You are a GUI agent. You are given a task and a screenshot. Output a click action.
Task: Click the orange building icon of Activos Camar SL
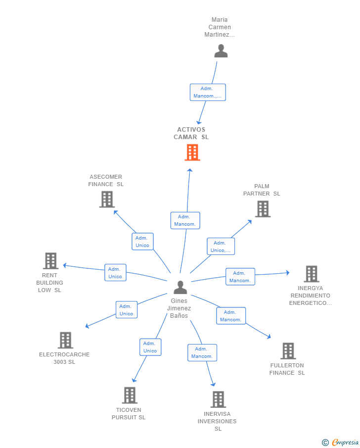(192, 152)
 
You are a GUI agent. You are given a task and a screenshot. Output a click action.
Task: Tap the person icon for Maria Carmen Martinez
(221, 51)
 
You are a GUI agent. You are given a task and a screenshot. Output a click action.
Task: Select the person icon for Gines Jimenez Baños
(180, 288)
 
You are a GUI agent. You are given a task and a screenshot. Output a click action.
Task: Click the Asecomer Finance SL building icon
(107, 199)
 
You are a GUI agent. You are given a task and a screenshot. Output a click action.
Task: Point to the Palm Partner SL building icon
(263, 209)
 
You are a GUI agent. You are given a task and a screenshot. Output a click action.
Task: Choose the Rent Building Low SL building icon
(50, 261)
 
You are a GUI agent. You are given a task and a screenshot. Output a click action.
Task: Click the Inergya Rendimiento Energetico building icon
(311, 274)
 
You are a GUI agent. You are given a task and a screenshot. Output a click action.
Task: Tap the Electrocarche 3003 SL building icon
(65, 340)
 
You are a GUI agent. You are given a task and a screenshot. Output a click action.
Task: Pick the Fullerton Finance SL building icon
(288, 351)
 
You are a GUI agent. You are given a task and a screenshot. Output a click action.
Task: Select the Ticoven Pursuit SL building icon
(130, 396)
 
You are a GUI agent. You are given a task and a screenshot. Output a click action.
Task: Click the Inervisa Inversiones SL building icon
(218, 399)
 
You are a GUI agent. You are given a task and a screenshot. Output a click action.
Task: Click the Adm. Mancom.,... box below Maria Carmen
(208, 93)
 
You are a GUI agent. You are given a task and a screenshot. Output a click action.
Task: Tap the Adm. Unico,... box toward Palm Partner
(221, 247)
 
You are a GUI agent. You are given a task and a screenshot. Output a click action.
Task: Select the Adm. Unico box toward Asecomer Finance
(142, 242)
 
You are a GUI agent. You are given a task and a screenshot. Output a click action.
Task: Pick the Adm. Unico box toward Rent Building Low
(115, 273)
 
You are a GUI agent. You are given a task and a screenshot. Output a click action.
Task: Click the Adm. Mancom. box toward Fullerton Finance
(231, 316)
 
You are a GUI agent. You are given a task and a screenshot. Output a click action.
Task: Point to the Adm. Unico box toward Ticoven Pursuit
(150, 347)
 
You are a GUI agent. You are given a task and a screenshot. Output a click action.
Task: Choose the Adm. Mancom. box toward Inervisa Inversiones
(202, 352)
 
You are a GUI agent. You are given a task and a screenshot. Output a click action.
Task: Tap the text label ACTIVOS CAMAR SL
(191, 134)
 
